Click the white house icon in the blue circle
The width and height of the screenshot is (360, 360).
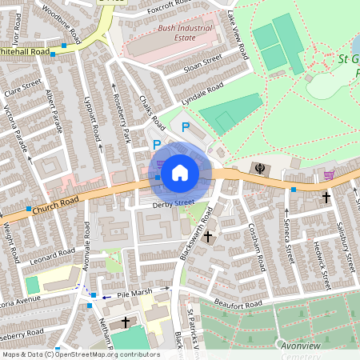[x=180, y=172]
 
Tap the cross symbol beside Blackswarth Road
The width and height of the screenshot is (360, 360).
[x=208, y=237]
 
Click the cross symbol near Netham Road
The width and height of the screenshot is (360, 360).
[x=125, y=322]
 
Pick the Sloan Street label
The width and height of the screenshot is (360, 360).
[x=202, y=63]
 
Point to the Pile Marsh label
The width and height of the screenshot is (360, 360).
[x=134, y=294]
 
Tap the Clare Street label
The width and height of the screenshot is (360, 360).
[x=21, y=89]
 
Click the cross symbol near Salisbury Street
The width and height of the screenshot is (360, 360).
[x=326, y=196]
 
